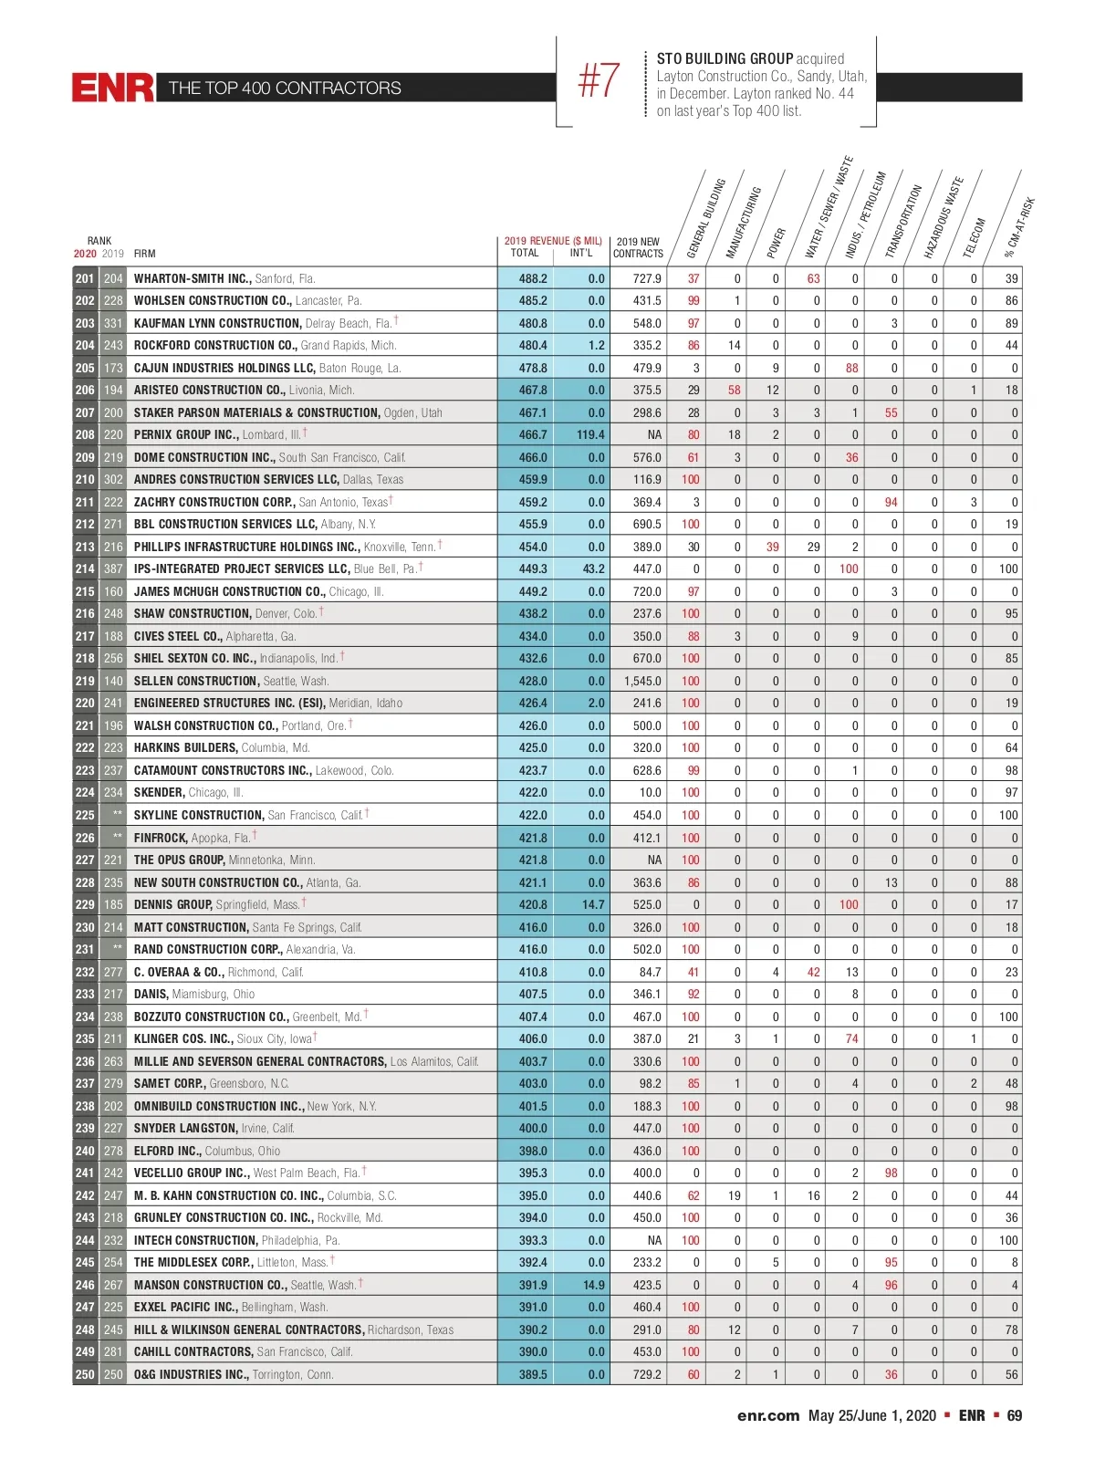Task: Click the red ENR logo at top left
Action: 113,88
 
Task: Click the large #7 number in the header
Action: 600,81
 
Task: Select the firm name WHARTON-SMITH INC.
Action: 192,278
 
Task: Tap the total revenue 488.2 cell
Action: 533,278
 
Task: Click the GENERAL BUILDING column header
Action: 705,219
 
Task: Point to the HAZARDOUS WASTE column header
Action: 943,217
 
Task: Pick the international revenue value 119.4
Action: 590,435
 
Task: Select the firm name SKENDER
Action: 159,793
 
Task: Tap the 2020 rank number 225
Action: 85,815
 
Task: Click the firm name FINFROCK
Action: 161,838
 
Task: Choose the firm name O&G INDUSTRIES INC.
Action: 191,1374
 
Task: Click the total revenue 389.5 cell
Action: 533,1374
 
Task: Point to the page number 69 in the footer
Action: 1014,1415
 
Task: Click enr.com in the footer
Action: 768,1415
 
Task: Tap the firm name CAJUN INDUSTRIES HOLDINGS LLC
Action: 224,368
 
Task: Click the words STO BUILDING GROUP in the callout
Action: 725,58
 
